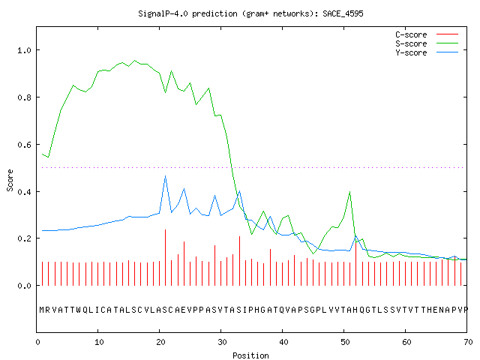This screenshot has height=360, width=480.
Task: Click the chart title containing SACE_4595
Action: [x=250, y=13]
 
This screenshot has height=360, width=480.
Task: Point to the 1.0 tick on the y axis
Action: [x=24, y=50]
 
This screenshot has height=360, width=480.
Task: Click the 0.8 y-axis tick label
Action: [x=24, y=97]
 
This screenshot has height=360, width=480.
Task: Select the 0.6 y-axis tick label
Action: [x=24, y=145]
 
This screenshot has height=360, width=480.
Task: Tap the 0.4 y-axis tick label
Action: [x=24, y=192]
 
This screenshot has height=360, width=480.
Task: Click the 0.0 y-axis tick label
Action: [x=24, y=286]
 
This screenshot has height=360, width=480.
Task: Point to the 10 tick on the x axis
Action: [x=99, y=342]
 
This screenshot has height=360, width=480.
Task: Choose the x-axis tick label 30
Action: [x=222, y=342]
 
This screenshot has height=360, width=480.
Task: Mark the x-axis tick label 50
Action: [x=345, y=342]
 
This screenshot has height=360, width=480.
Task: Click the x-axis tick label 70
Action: [x=468, y=342]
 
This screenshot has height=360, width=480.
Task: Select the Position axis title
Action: [x=250, y=355]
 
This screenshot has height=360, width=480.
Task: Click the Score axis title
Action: [x=10, y=180]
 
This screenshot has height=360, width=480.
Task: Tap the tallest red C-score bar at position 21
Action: [x=165, y=257]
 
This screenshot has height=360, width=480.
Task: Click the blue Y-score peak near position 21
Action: [x=165, y=176]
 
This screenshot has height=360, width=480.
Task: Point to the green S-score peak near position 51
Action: [x=349, y=192]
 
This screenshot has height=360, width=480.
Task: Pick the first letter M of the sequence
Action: [x=42, y=310]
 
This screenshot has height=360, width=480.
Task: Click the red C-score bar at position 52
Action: [x=356, y=263]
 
